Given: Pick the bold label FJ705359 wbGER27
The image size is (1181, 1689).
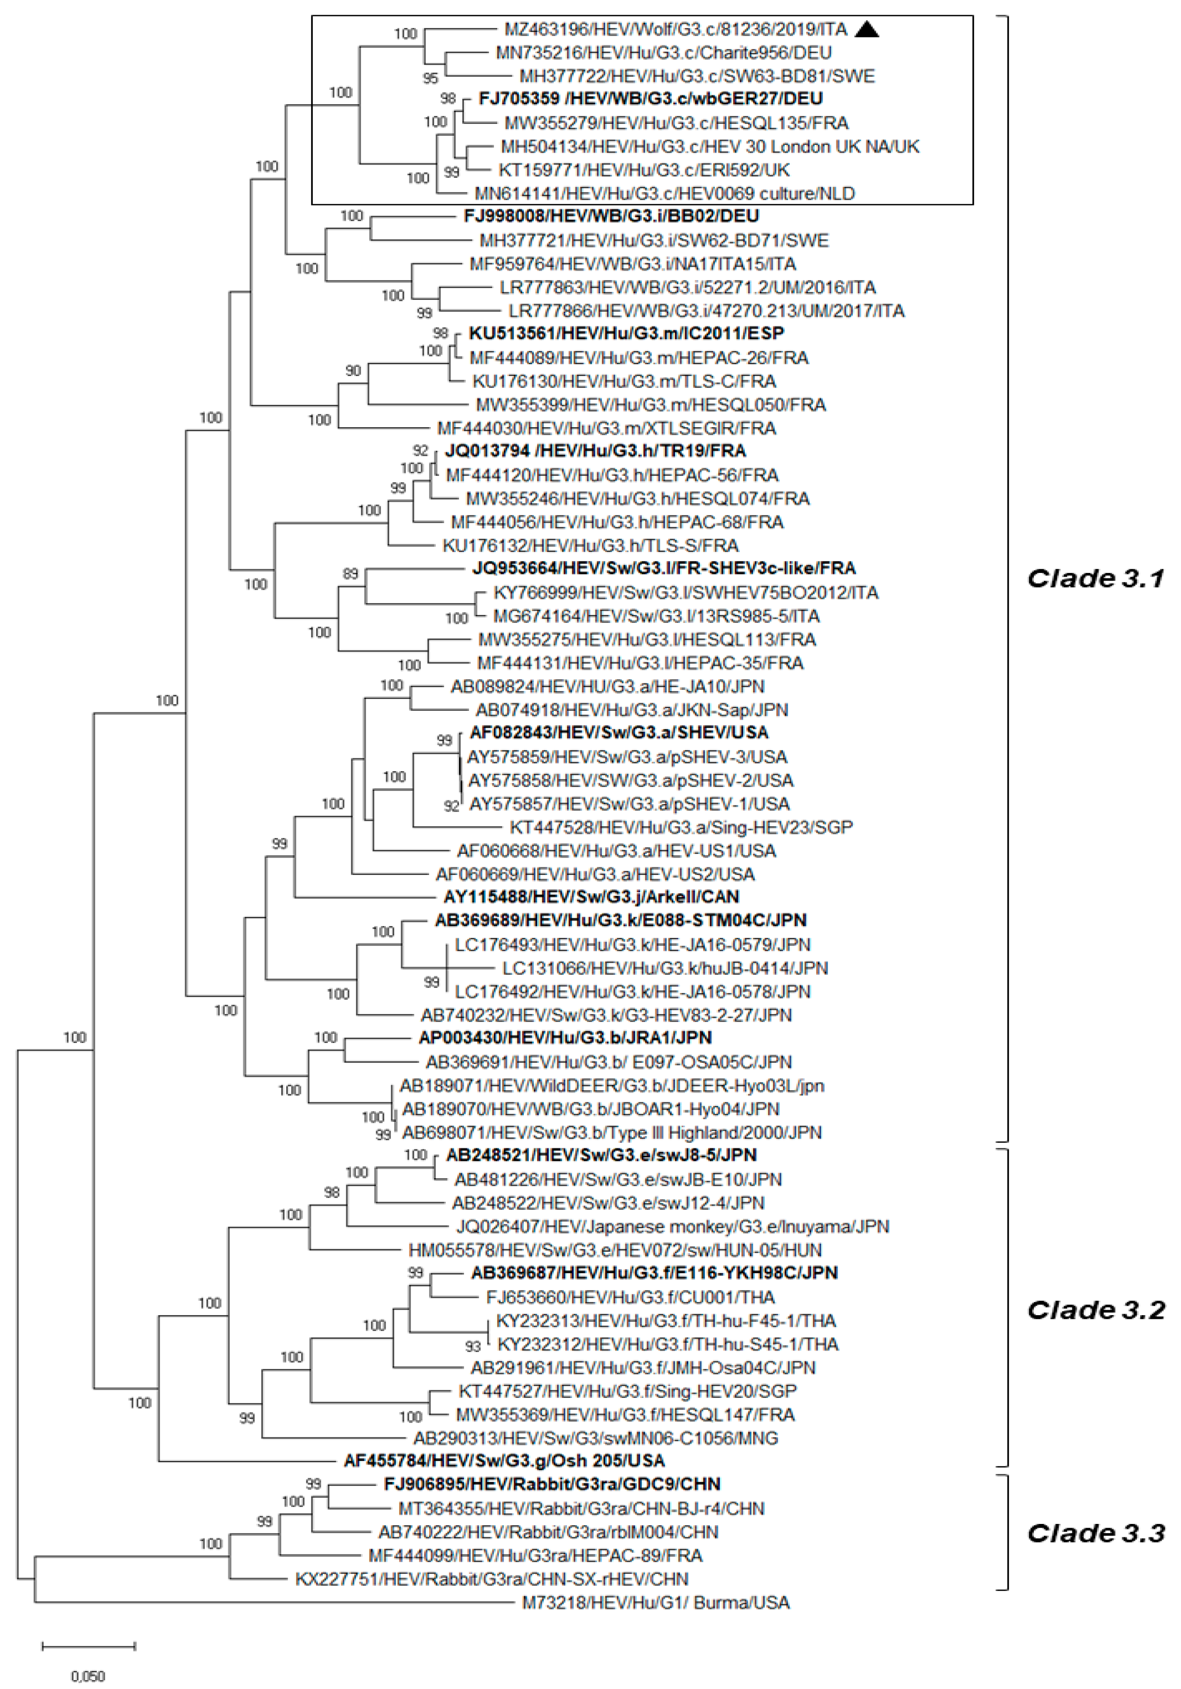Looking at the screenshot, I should [651, 98].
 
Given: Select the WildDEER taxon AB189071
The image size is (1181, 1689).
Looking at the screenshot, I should [612, 1085].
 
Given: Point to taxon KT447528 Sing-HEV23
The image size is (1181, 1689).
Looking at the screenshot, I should [680, 827].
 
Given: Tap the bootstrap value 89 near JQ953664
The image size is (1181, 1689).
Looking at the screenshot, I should [351, 573].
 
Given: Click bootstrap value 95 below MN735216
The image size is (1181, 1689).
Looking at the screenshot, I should [430, 78].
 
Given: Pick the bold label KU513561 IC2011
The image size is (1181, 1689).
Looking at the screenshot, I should [626, 333].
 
